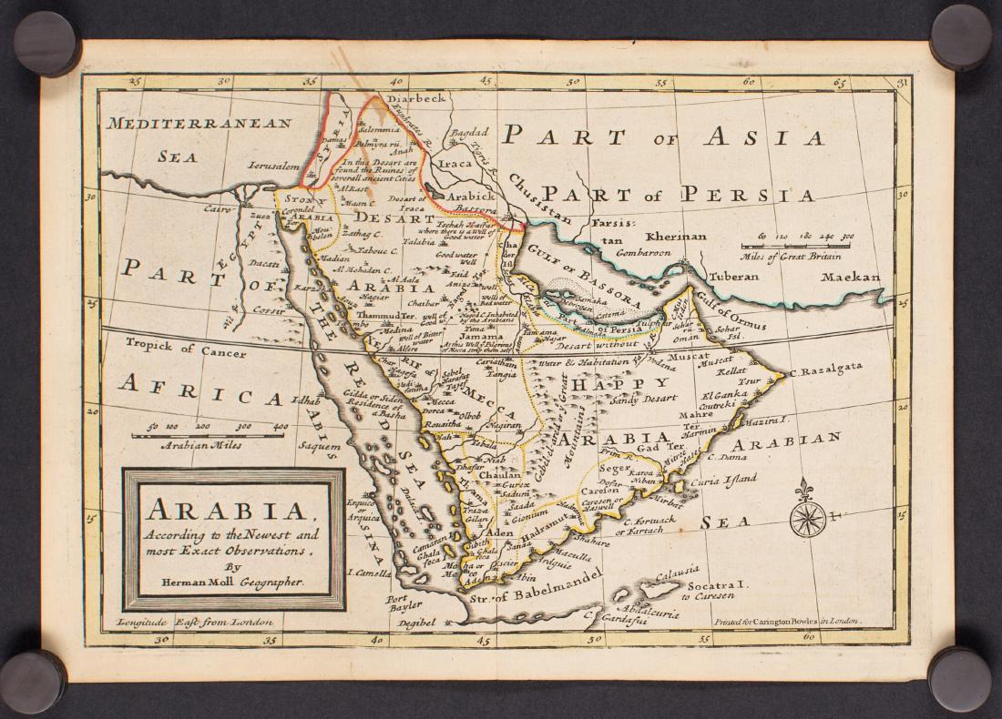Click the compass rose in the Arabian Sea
[x=807, y=518]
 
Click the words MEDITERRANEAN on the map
[x=199, y=124]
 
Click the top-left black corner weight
[x=45, y=42]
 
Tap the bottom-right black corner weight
[x=958, y=678]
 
